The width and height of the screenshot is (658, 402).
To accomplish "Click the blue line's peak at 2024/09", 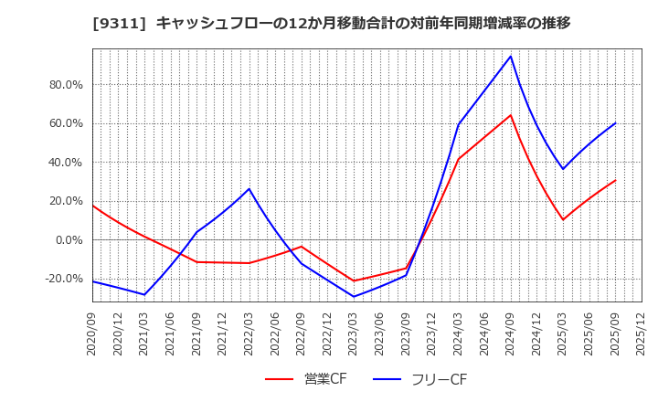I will point(511,56).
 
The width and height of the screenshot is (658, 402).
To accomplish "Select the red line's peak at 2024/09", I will point(511,115).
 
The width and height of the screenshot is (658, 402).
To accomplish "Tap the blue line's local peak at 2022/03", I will point(249,189).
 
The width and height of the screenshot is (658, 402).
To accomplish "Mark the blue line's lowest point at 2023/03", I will point(354,296).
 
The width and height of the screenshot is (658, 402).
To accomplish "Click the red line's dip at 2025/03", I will point(563,219).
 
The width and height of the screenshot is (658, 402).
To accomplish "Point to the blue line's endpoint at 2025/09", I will point(615,123).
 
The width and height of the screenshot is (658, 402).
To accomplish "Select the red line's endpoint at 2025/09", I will point(615,180).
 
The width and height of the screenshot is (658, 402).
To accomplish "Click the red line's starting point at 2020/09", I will point(93,206).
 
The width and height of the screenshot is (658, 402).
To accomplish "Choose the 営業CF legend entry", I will point(306,379).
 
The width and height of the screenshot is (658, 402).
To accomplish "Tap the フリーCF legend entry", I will point(419,379).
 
